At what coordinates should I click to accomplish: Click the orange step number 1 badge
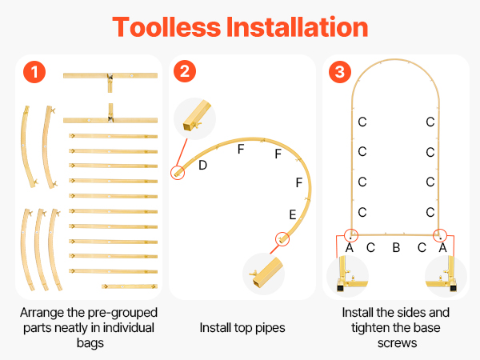pos(34,72)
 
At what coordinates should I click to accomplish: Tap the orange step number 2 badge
pos(185,71)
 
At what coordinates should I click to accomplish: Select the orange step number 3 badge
pos(340,72)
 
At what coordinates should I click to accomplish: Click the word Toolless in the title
pos(166,27)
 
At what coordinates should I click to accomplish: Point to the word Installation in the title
pos(297,27)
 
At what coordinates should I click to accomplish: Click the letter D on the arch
pos(202,166)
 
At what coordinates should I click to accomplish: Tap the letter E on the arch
pos(293,214)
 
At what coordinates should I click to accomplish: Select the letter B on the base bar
pos(396,247)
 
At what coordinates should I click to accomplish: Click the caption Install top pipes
pos(242,328)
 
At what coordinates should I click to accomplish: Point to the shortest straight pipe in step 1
pos(130,286)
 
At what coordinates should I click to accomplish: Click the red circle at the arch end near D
pos(178,173)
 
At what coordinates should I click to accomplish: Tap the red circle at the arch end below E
pos(282,238)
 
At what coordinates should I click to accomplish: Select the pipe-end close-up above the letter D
pos(194,118)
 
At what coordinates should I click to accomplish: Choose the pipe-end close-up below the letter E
pos(263,274)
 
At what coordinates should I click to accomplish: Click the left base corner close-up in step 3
pos(347,276)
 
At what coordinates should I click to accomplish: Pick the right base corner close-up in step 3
pos(446,276)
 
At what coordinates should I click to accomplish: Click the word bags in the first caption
pos(90,343)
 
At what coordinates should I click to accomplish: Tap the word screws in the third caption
pos(397,343)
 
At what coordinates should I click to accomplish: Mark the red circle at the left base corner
pos(351,235)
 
